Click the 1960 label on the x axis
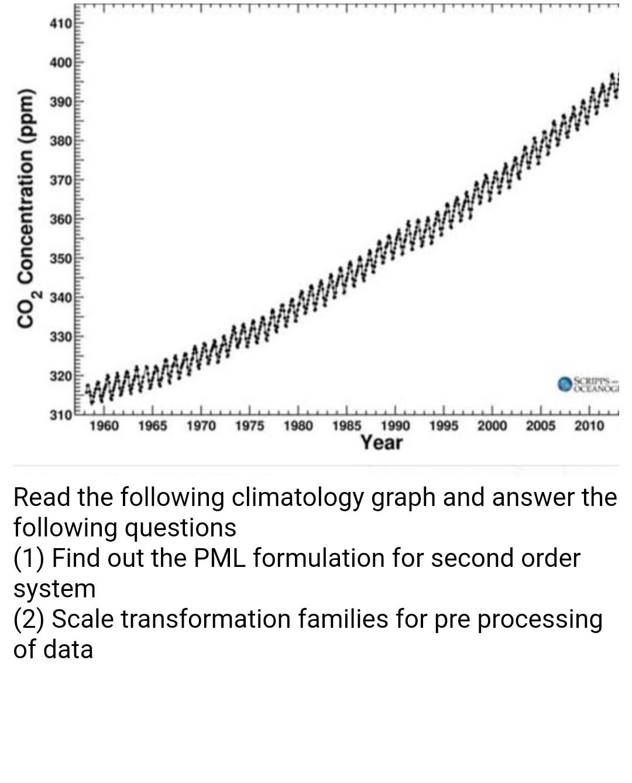[x=104, y=426]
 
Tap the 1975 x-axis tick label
[x=249, y=426]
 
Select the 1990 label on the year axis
[x=395, y=426]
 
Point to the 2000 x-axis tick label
[x=492, y=426]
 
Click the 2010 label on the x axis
[x=589, y=426]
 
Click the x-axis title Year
[x=382, y=443]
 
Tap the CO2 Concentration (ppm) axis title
[x=28, y=208]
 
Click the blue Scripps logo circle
[x=565, y=384]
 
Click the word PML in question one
[x=222, y=559]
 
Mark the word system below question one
[x=54, y=589]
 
